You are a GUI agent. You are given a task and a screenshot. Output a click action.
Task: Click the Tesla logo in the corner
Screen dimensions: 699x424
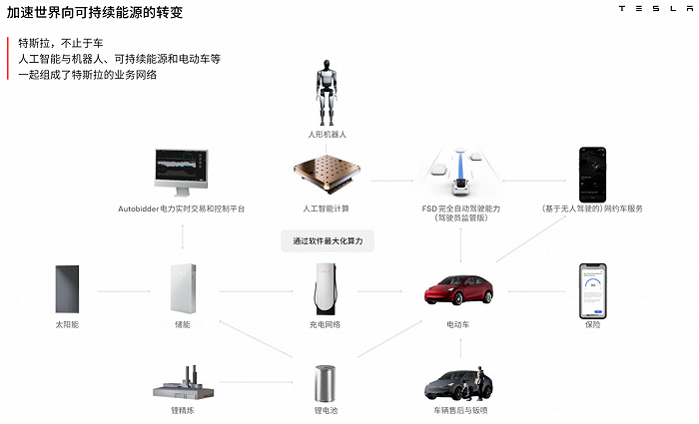coord(655,8)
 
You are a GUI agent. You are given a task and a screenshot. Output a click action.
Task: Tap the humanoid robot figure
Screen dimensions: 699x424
coord(327,93)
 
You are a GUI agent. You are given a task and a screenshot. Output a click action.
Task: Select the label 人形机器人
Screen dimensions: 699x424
coord(327,134)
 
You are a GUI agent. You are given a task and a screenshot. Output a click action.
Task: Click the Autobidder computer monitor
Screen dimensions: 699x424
coord(181,173)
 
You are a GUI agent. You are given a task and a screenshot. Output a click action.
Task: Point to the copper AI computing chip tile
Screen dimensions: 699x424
coord(327,175)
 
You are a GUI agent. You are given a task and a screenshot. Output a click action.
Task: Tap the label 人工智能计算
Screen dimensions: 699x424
coord(326,209)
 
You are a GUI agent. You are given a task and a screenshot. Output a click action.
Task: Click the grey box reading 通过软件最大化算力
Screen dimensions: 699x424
coord(328,241)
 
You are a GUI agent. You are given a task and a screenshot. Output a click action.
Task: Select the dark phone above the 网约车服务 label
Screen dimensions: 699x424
coord(592,175)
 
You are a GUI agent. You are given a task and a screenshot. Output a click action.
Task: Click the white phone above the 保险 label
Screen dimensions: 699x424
coord(592,291)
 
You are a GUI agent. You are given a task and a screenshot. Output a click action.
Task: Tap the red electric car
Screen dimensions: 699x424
coord(458,290)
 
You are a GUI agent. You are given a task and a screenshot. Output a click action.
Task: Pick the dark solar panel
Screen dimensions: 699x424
coord(67,289)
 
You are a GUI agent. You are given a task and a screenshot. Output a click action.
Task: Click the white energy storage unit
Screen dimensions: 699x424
coord(183,288)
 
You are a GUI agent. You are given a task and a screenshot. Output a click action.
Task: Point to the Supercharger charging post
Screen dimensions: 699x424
coord(326,289)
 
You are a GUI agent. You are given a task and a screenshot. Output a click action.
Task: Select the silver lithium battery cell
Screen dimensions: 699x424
coord(325,383)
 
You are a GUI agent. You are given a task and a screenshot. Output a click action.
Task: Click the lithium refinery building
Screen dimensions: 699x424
coord(183,383)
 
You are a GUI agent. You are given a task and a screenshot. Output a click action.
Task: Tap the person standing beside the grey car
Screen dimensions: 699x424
coord(479,382)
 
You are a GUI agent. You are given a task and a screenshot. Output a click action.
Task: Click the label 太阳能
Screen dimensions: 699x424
coord(67,324)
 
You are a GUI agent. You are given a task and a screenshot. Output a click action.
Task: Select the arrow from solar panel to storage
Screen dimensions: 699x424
coord(125,291)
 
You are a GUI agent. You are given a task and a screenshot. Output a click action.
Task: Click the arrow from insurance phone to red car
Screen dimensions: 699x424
coord(537,291)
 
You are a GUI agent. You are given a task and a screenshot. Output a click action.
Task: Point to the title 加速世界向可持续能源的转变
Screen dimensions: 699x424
coord(95,12)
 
